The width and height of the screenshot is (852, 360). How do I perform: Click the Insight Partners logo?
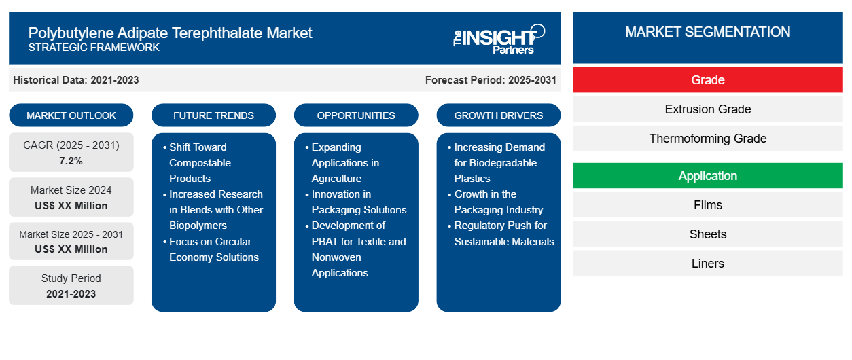click(x=499, y=39)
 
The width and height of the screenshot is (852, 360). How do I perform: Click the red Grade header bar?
click(x=707, y=80)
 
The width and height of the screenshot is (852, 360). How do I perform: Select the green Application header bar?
click(x=707, y=176)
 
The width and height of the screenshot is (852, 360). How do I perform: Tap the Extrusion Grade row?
click(x=707, y=109)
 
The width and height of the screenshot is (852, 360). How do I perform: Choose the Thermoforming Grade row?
click(x=707, y=139)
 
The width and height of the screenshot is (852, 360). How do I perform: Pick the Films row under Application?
click(x=707, y=205)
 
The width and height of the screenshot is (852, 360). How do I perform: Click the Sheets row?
click(x=707, y=234)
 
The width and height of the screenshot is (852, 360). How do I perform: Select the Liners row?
click(x=707, y=263)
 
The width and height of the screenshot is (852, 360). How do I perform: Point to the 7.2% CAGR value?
click(x=71, y=161)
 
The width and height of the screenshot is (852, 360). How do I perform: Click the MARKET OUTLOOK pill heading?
click(x=71, y=115)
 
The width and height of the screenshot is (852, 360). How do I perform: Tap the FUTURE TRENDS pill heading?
click(x=213, y=115)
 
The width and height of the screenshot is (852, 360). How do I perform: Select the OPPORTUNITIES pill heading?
click(x=356, y=115)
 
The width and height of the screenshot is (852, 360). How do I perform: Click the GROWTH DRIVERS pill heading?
click(x=498, y=115)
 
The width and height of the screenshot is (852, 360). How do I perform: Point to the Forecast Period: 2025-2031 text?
click(x=491, y=80)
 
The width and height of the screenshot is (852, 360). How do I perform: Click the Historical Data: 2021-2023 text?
click(x=76, y=80)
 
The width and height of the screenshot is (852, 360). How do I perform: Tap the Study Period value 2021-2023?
click(x=71, y=294)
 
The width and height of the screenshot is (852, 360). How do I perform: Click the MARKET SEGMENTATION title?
click(x=707, y=32)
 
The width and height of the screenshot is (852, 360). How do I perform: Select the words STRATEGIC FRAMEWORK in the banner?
click(x=94, y=48)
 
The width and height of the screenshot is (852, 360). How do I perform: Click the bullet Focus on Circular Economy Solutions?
click(x=211, y=249)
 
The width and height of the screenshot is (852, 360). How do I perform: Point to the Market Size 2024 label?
click(x=71, y=190)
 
